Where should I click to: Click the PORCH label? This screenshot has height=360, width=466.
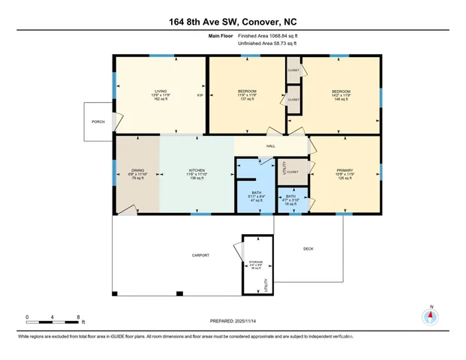pos(98,121)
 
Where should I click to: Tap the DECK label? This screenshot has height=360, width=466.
pos(308,249)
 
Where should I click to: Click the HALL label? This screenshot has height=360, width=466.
pos(271,147)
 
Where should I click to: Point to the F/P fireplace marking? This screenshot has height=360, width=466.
pos(200,96)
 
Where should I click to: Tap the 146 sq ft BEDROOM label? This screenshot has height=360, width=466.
pos(341,96)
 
